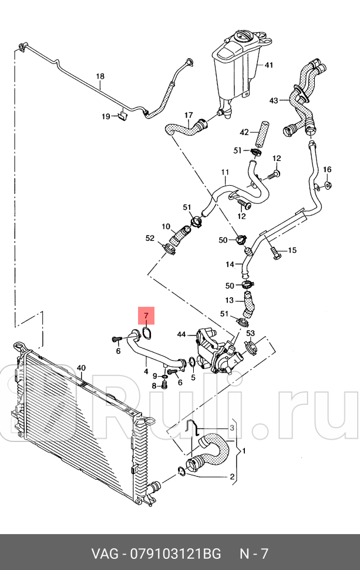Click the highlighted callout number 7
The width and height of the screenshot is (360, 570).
pyautogui.click(x=146, y=316)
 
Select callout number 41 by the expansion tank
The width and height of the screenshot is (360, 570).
pyautogui.click(x=269, y=65)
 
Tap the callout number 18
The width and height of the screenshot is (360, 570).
pyautogui.click(x=100, y=76)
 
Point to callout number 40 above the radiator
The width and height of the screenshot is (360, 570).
pyautogui.click(x=81, y=368)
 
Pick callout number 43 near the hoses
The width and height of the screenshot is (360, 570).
pyautogui.click(x=274, y=100)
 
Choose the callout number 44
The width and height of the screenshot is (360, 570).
pyautogui.click(x=181, y=334)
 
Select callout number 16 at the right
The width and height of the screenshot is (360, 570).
pyautogui.click(x=327, y=170)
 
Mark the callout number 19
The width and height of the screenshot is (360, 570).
pyautogui.click(x=105, y=116)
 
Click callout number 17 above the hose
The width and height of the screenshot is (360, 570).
pyautogui.click(x=189, y=115)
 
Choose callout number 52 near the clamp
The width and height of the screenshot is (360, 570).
pyautogui.click(x=150, y=238)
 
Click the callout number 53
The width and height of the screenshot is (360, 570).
pyautogui.click(x=250, y=334)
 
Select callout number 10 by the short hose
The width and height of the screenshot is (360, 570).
pyautogui.click(x=166, y=226)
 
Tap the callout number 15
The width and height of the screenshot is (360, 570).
pyautogui.click(x=292, y=250)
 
